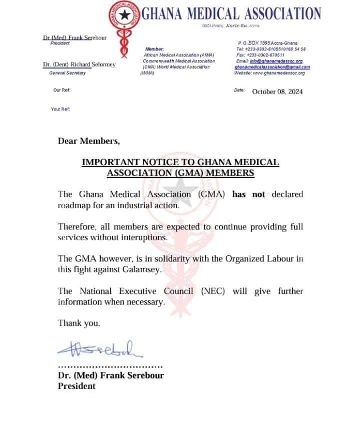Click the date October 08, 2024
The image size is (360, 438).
click(277, 92)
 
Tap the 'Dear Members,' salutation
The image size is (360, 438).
click(89, 141)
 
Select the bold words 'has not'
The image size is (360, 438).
click(249, 194)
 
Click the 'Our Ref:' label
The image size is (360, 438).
click(62, 90)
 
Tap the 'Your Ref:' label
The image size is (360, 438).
click(61, 109)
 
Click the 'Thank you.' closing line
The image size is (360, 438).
click(79, 323)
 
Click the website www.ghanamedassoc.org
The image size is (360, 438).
click(269, 73)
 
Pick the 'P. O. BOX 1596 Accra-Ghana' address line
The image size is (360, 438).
click(267, 43)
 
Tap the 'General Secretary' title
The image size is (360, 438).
click(67, 73)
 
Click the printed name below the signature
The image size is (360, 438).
click(111, 375)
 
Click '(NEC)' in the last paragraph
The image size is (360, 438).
click(214, 291)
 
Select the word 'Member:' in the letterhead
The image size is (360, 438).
click(151, 49)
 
